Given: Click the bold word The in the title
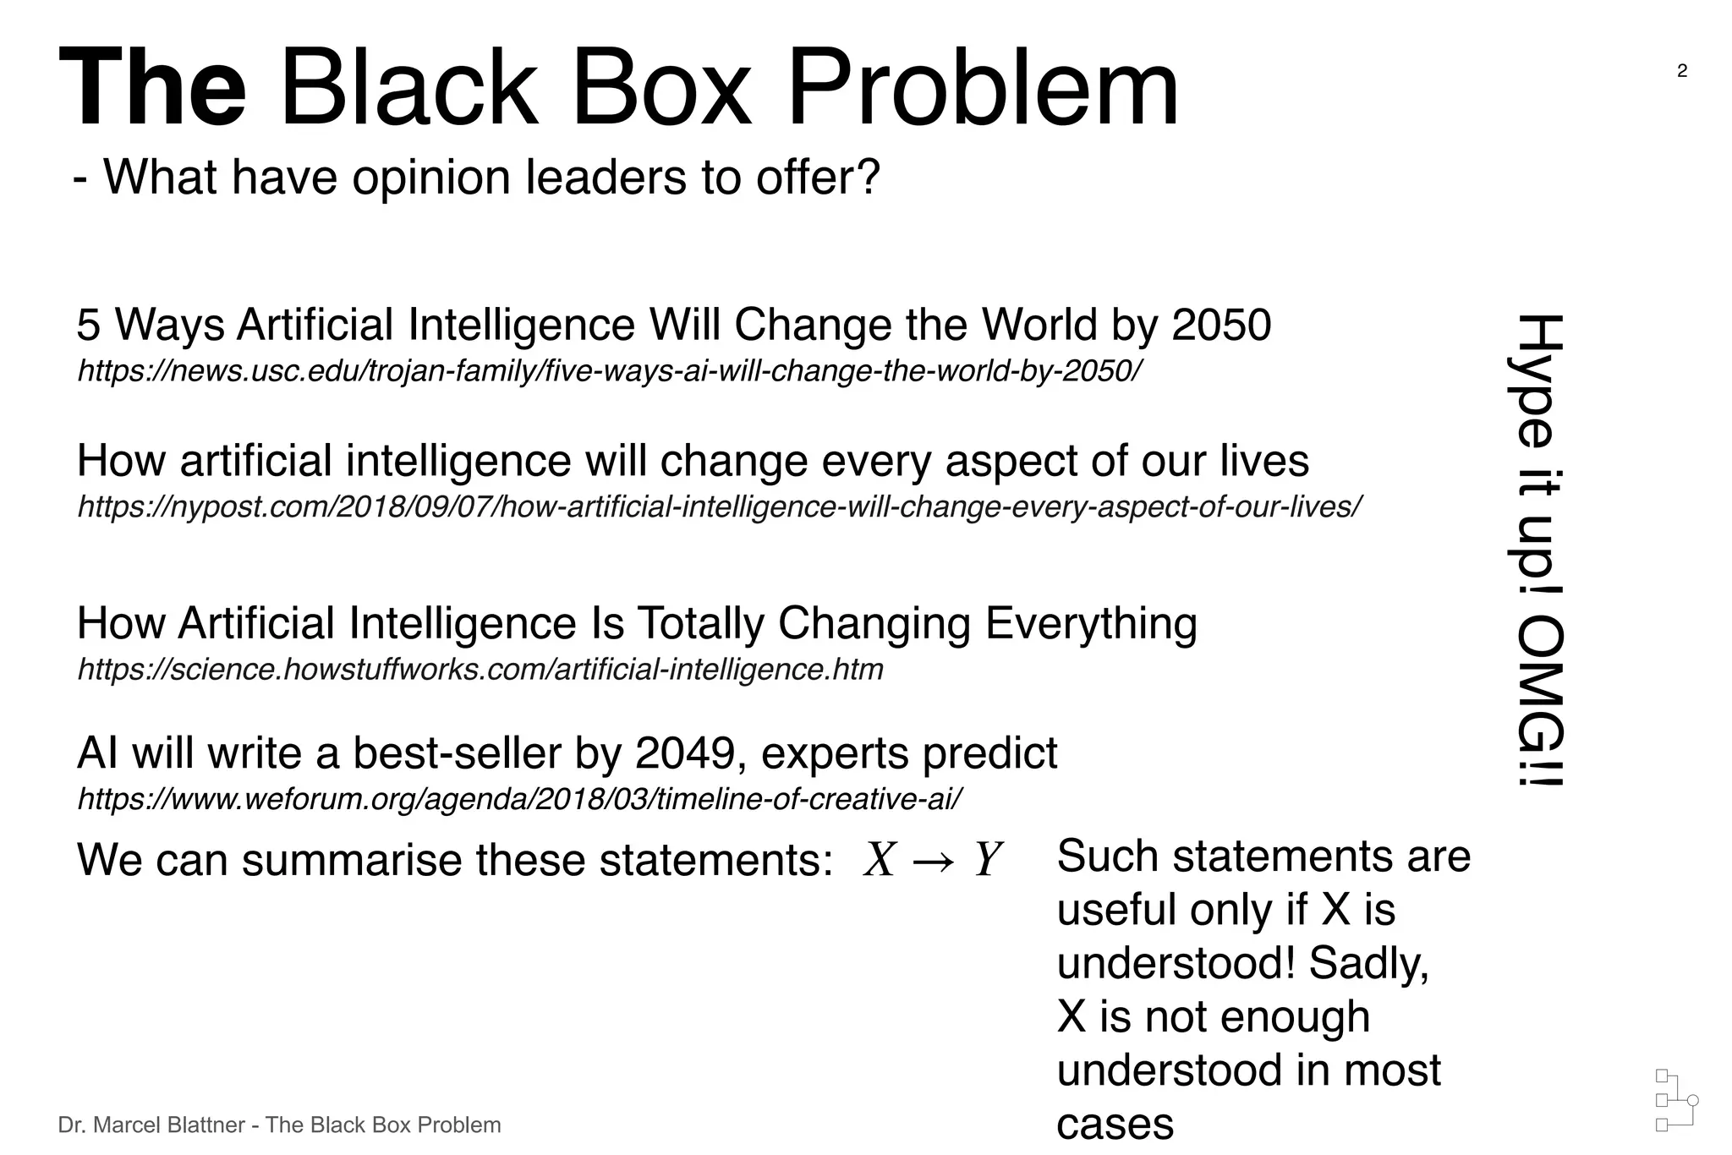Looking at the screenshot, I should pos(153,89).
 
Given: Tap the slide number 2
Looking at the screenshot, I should pos(1682,71).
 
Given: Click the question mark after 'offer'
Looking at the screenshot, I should pos(869,177).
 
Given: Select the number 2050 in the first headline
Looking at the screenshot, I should pos(1221,325).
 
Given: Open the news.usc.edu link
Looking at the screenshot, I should pos(610,370).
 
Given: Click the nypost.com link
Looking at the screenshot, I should pos(720,506).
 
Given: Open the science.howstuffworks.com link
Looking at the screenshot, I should pos(480,669).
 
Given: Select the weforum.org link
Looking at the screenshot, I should pos(519,798).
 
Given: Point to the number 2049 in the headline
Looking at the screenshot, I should pos(685,753).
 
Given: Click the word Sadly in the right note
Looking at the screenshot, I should pos(1368,962).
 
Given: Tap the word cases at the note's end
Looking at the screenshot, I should pos(1115,1124).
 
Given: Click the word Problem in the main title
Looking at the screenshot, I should pos(983,89).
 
